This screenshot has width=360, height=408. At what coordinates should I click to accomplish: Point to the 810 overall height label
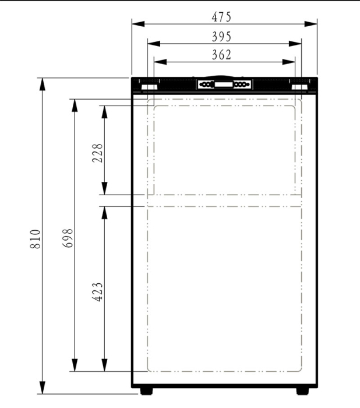pyautogui.click(x=36, y=238)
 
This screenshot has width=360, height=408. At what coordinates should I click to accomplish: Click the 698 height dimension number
pyautogui.click(x=68, y=238)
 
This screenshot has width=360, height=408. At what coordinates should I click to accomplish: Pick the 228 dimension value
pyautogui.click(x=97, y=153)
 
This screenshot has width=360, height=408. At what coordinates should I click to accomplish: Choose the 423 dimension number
pyautogui.click(x=97, y=291)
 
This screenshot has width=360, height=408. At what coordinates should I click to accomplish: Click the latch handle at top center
pyautogui.click(x=224, y=85)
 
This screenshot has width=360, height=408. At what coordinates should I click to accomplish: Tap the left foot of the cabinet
pyautogui.click(x=145, y=391)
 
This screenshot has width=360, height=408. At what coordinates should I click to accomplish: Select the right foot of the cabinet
pyautogui.click(x=303, y=391)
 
